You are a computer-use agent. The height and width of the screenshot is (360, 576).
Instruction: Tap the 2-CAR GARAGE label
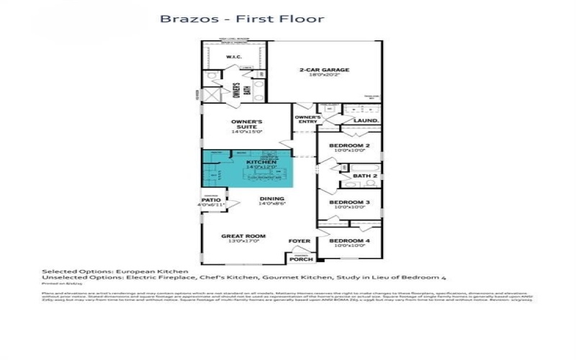coord(324,70)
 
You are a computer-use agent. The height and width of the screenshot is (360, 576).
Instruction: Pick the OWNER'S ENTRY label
coord(307,119)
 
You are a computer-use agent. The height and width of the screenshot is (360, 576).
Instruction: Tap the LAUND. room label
coord(371,121)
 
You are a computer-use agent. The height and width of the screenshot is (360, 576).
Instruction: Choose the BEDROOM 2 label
coord(349,145)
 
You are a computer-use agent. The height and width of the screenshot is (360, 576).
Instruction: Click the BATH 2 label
coord(365,175)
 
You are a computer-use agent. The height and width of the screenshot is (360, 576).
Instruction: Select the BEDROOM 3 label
coord(349,202)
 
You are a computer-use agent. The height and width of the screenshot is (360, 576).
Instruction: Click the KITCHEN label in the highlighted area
coord(261,163)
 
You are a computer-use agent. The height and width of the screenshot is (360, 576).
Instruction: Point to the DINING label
coord(272,199)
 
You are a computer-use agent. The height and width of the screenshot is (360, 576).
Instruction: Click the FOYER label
coord(298,240)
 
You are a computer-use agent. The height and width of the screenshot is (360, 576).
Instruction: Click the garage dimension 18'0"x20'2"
coord(324,76)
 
